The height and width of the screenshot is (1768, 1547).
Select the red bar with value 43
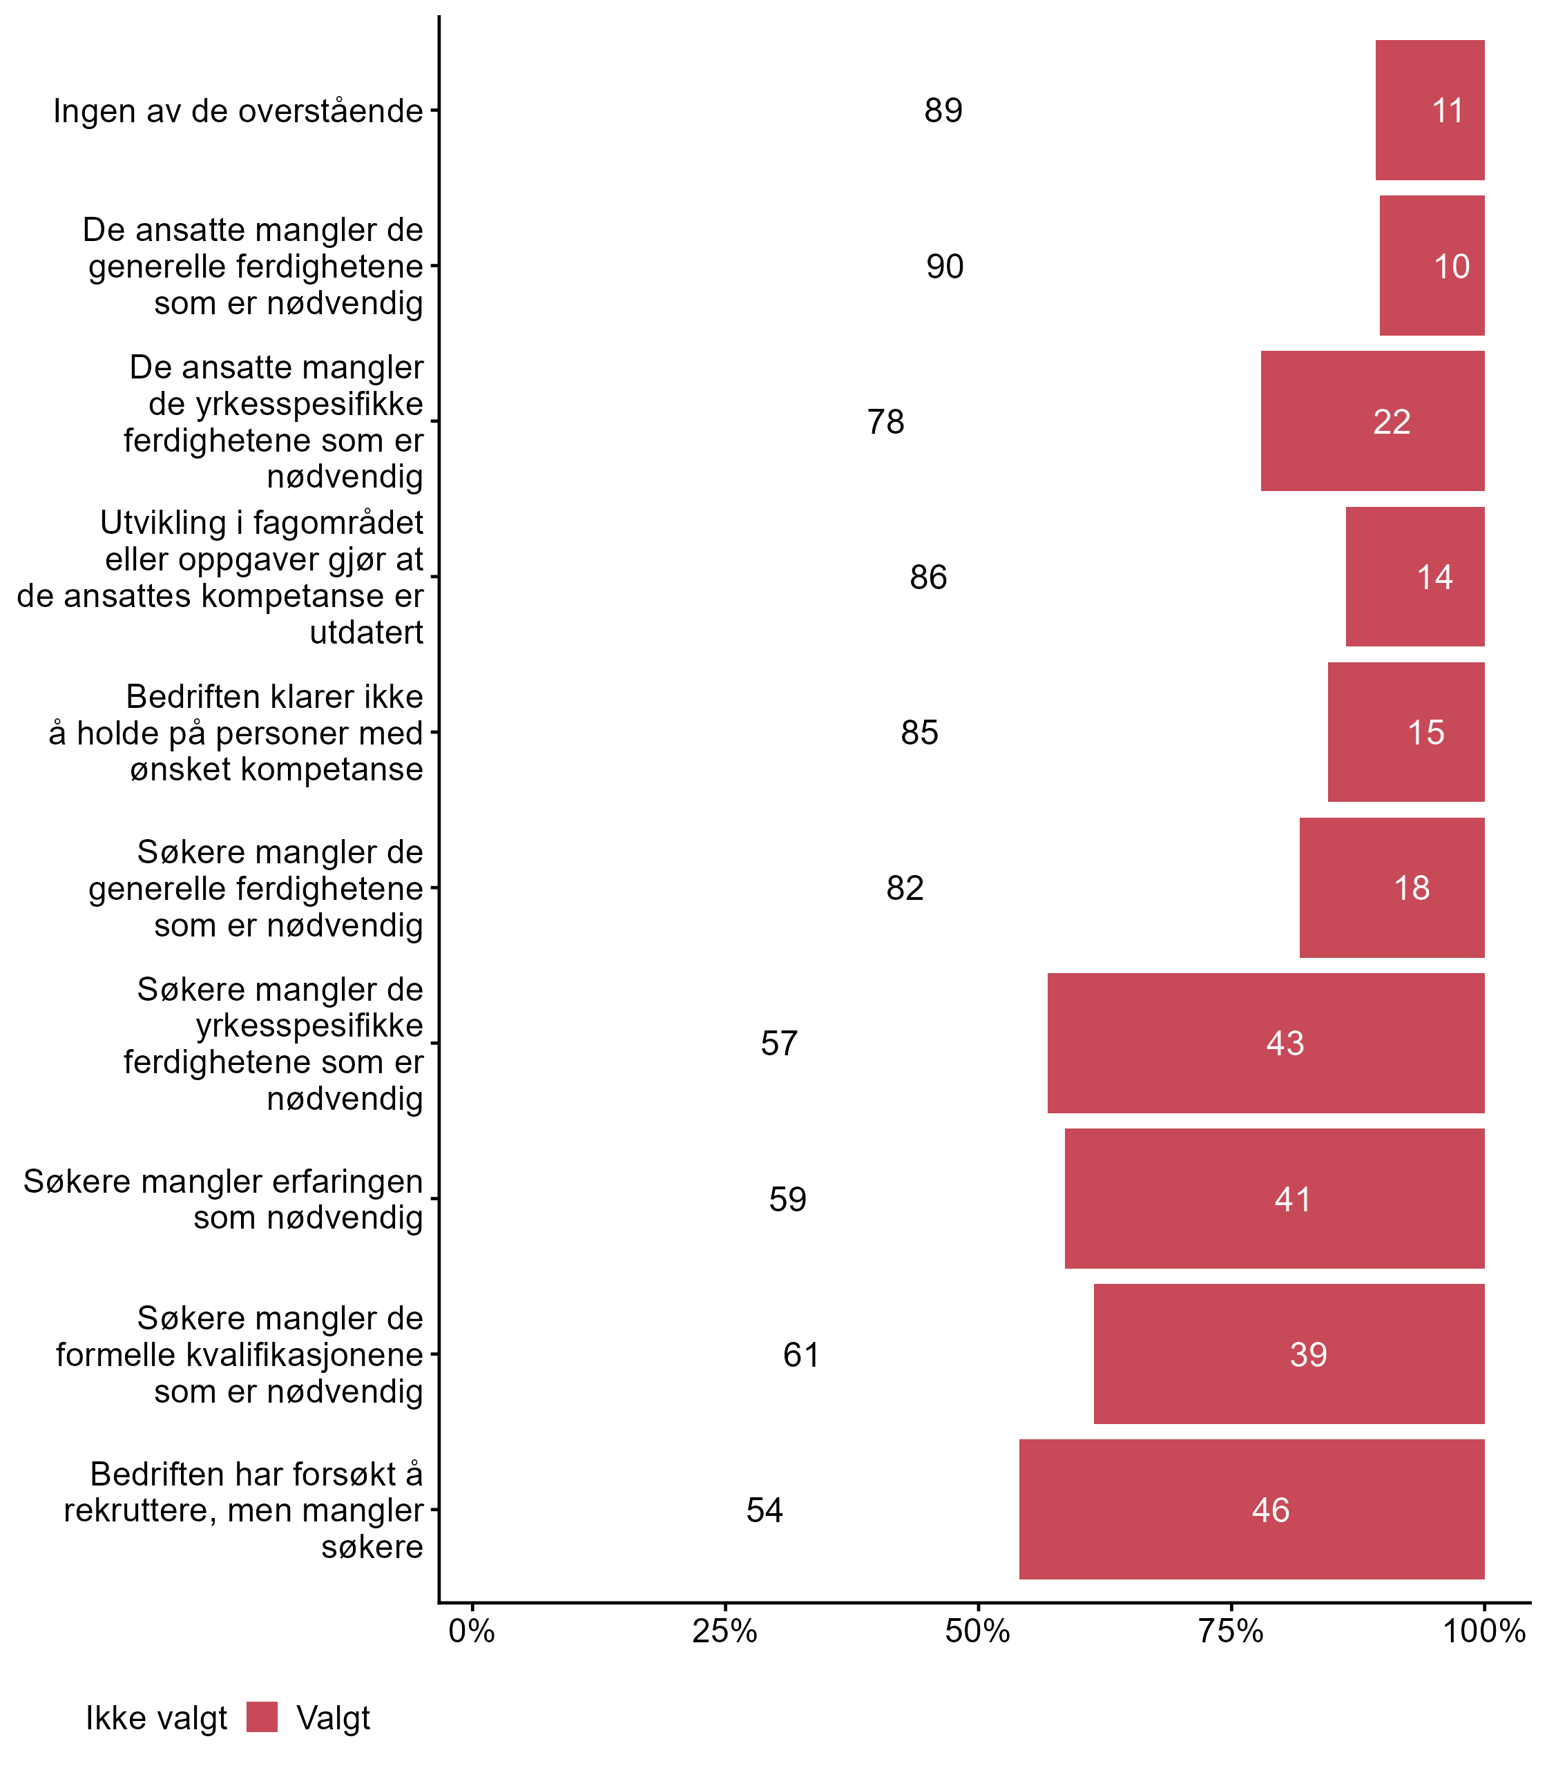pos(1265,1043)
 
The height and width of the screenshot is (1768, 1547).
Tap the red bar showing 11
pos(1430,110)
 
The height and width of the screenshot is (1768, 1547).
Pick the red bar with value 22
pos(1373,421)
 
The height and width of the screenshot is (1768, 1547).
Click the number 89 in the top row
pos(943,110)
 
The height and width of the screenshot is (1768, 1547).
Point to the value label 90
pos(945,266)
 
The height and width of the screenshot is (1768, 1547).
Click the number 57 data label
pos(779,1043)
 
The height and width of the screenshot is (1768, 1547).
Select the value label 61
pos(801,1354)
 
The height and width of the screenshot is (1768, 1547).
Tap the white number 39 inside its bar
pos(1308,1354)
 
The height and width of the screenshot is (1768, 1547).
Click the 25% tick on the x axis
pos(725,1631)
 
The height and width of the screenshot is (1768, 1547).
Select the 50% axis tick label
pos(978,1631)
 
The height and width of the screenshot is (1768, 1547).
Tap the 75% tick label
pos(1231,1631)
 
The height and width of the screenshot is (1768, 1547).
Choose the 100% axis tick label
pos(1484,1631)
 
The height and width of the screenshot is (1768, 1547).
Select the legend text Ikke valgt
pos(156,1718)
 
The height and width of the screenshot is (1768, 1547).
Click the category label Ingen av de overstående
pos(238,111)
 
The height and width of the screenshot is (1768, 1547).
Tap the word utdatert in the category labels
pos(366,632)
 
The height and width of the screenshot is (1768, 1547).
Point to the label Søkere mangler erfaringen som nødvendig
pos(222,1199)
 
